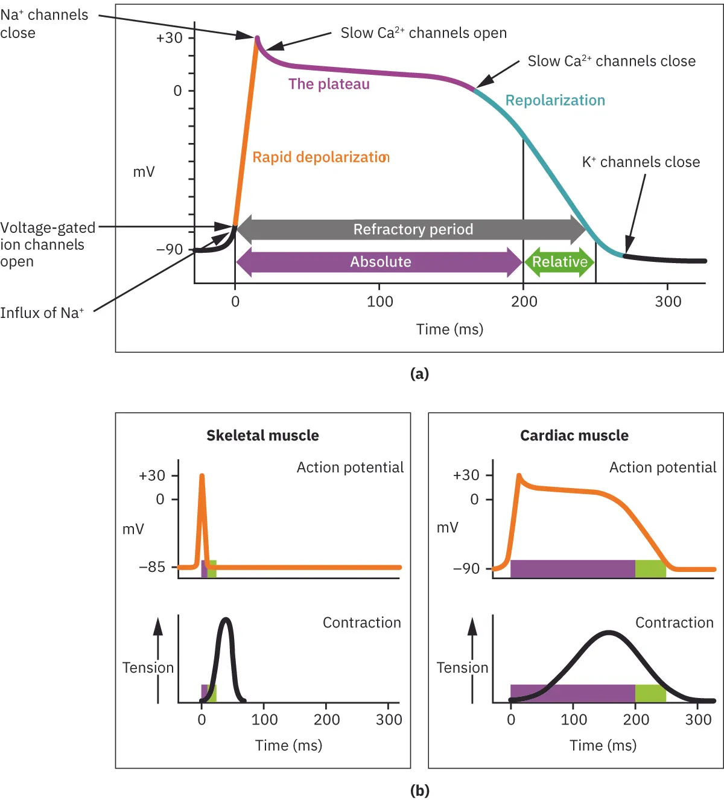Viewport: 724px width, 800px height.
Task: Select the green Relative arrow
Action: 559,262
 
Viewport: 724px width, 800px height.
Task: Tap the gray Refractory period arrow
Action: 412,229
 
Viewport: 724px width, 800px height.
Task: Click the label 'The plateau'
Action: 329,84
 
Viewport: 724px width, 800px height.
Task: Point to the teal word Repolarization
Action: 555,100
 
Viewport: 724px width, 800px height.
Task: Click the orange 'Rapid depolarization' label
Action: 320,157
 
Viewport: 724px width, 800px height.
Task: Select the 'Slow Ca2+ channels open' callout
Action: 424,33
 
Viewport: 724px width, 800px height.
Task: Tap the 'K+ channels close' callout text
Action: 641,162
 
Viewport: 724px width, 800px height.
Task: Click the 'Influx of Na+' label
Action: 42,313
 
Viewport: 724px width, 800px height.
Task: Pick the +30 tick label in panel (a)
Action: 169,38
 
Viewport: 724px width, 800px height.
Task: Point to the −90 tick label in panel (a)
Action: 169,249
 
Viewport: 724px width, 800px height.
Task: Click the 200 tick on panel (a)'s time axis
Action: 524,302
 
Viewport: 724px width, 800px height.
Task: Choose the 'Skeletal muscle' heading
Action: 262,436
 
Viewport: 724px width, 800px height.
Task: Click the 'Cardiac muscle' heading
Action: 574,436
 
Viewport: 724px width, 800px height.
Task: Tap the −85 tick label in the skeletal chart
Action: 152,567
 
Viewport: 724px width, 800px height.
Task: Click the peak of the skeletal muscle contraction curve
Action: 226,620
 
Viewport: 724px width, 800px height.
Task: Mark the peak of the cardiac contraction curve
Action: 609,633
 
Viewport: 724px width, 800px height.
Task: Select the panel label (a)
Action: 419,373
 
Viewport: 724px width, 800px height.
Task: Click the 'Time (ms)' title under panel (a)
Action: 449,329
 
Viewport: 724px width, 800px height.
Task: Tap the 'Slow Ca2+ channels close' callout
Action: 611,62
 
